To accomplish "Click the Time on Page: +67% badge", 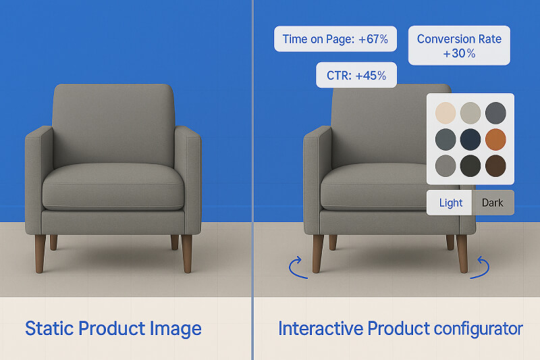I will [335, 39].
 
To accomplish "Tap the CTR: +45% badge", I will [356, 75].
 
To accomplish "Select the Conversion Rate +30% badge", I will [459, 45].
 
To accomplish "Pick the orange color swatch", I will [495, 139].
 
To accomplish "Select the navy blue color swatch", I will [470, 139].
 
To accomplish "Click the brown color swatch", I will [495, 165].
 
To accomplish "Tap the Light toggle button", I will [450, 203].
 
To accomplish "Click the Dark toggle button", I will [493, 203].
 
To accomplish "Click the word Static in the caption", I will [49, 329].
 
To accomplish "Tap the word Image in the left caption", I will [176, 329].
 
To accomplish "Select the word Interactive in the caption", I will [321, 329].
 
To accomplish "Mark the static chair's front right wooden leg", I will [187, 253].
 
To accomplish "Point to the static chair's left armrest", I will [38, 176].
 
